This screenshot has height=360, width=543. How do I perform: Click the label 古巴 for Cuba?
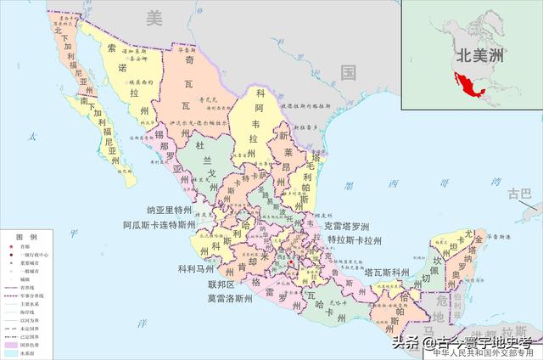point(518,194)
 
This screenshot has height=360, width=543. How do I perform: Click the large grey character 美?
point(153,16)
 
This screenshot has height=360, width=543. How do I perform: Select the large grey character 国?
point(348,72)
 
